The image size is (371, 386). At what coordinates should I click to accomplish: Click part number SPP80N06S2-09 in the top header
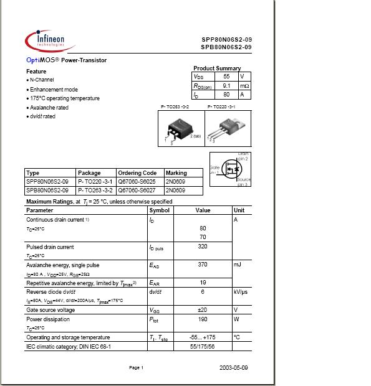click(x=226, y=39)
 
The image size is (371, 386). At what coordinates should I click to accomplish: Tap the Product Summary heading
click(x=217, y=68)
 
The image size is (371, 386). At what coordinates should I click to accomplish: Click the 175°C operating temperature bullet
click(x=64, y=98)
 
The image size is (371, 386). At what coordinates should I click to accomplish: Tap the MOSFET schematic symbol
click(x=229, y=169)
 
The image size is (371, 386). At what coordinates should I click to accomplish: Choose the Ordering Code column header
click(x=137, y=173)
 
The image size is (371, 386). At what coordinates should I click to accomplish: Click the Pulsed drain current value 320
click(x=203, y=247)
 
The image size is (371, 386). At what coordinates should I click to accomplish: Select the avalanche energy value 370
click(x=203, y=265)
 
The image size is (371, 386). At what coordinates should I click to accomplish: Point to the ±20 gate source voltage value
click(x=203, y=309)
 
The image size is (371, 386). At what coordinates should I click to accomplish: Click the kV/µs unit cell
click(x=242, y=291)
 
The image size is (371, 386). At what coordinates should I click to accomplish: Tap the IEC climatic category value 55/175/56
click(x=203, y=346)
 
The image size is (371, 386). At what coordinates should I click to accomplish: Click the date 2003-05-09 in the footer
click(x=234, y=368)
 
